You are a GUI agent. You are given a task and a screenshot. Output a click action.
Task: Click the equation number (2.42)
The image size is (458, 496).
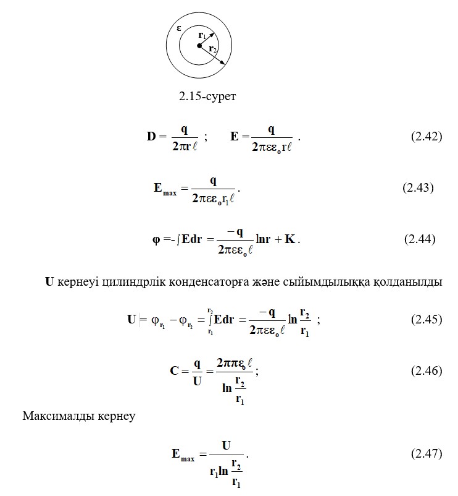427,136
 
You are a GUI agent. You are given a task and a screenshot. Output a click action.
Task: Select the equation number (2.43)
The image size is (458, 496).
418,187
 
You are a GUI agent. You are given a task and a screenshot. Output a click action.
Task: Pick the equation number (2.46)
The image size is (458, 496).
427,370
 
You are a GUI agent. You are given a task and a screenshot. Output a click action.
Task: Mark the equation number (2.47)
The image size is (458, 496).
427,454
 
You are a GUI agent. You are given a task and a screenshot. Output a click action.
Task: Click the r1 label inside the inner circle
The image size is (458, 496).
202,36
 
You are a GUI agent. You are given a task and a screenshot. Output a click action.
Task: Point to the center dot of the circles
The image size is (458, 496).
199,45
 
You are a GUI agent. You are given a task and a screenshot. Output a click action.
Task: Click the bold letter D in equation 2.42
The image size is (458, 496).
152,136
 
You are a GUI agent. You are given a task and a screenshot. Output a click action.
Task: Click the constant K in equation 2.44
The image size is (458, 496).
289,239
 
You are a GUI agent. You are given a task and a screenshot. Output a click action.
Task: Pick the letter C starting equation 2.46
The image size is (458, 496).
175,371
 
